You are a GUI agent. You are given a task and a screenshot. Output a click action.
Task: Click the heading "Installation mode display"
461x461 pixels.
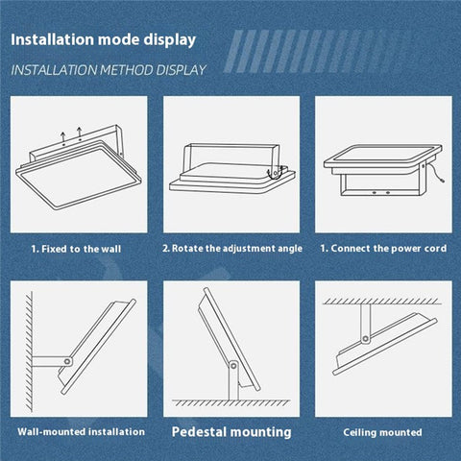(x=104, y=40)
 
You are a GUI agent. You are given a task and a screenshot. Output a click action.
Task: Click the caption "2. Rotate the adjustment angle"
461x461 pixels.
(x=231, y=248)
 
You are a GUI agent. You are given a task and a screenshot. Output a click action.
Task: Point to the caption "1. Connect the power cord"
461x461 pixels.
(x=383, y=248)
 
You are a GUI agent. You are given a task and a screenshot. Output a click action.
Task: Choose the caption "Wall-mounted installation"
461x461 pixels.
(x=81, y=432)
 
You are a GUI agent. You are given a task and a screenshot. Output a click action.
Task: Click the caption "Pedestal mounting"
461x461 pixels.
(x=231, y=432)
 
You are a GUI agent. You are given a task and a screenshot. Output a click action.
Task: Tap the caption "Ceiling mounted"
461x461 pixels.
(x=383, y=432)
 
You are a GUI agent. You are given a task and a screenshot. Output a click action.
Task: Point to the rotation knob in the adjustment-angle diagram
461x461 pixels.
(x=276, y=174)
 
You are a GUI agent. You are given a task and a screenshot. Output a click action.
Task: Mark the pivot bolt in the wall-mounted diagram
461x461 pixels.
(x=66, y=362)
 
